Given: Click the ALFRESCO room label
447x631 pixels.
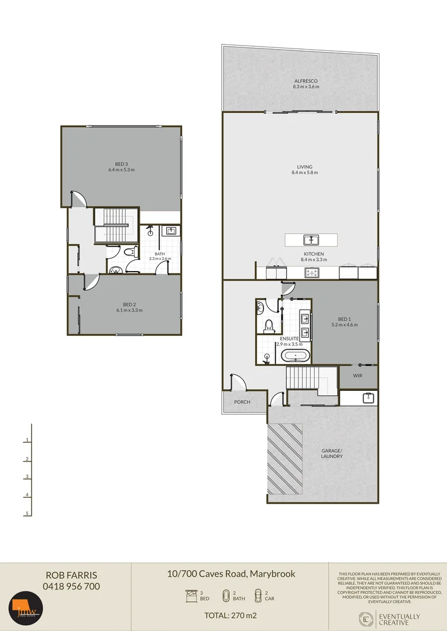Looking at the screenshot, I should (x=306, y=80).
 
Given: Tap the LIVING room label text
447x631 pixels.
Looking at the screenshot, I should (x=305, y=167).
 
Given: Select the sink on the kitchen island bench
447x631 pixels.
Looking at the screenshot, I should (x=310, y=240).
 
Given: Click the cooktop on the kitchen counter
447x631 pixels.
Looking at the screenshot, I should (x=312, y=272).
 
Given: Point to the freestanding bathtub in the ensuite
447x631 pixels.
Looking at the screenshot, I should (x=295, y=356).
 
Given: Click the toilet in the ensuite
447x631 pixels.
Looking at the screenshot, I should (x=269, y=325).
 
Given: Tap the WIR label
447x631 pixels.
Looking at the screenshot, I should (x=357, y=376).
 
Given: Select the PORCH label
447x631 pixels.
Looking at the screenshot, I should (x=242, y=402).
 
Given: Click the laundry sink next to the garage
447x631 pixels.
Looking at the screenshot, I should (x=367, y=398).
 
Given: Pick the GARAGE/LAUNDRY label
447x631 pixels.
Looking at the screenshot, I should (x=331, y=453).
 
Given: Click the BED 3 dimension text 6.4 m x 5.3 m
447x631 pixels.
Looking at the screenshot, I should (x=121, y=170).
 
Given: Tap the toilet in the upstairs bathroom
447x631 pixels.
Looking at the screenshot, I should (x=130, y=252).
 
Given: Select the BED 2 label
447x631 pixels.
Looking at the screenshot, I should (x=129, y=304).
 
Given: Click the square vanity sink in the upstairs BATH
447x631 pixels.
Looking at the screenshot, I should (x=171, y=231).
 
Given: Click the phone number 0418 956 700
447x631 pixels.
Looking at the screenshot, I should (x=71, y=586).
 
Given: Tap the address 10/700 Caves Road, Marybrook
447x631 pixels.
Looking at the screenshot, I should (x=231, y=574).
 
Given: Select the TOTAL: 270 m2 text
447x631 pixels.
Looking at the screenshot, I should (x=230, y=615).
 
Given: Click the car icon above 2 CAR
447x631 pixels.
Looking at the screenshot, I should (x=257, y=595).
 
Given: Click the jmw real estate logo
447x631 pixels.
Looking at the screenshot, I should (x=26, y=612).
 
